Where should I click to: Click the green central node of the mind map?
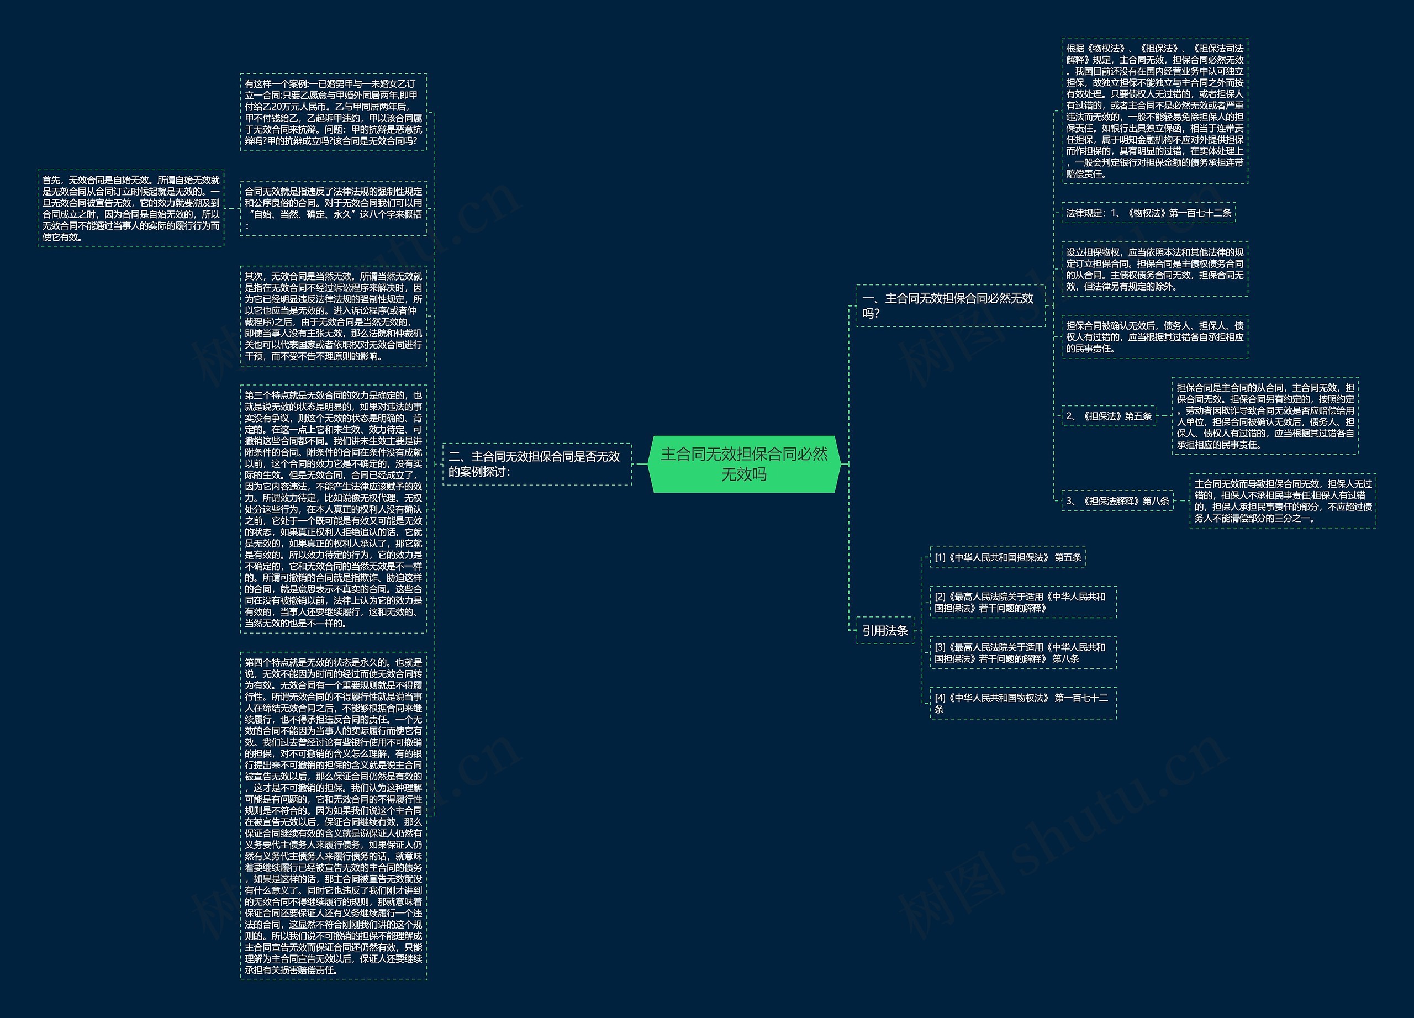(744, 464)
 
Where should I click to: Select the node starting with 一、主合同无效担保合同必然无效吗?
(949, 305)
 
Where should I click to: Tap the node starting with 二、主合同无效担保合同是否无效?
(536, 464)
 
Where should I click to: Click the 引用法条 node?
(885, 630)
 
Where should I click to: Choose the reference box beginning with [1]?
(1007, 557)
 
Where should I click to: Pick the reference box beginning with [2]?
(1022, 602)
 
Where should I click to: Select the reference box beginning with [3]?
(1022, 653)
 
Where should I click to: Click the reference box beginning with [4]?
(1022, 703)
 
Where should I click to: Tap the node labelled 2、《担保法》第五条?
(1109, 416)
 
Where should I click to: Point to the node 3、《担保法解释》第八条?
(1117, 500)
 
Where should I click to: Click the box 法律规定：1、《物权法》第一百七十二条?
(1148, 213)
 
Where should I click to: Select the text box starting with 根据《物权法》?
(1154, 110)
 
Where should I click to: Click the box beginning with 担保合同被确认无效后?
(1154, 336)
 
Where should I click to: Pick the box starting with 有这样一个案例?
(333, 112)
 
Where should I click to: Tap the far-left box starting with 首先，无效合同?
(130, 208)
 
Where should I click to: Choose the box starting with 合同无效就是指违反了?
(333, 208)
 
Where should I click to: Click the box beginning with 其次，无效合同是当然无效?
(333, 316)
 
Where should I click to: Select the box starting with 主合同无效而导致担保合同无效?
(1283, 500)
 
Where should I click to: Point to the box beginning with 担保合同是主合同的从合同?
(1264, 416)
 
